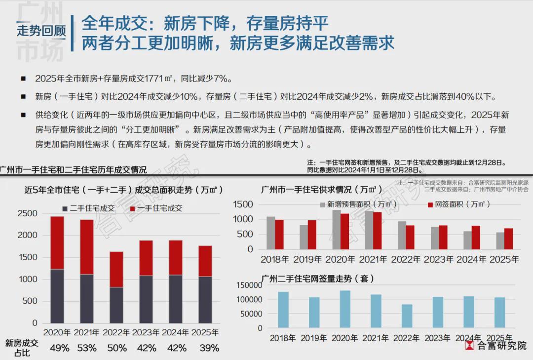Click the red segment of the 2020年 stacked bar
57,242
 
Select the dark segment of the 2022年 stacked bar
116,305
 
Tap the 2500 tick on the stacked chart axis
28,214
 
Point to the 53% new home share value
87,348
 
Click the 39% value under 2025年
209,348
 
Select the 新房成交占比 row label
21,348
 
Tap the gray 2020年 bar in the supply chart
337,230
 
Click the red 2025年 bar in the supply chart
508,239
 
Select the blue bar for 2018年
283,310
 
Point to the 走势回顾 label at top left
41,31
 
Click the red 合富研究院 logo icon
470,345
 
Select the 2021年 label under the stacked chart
86,332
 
